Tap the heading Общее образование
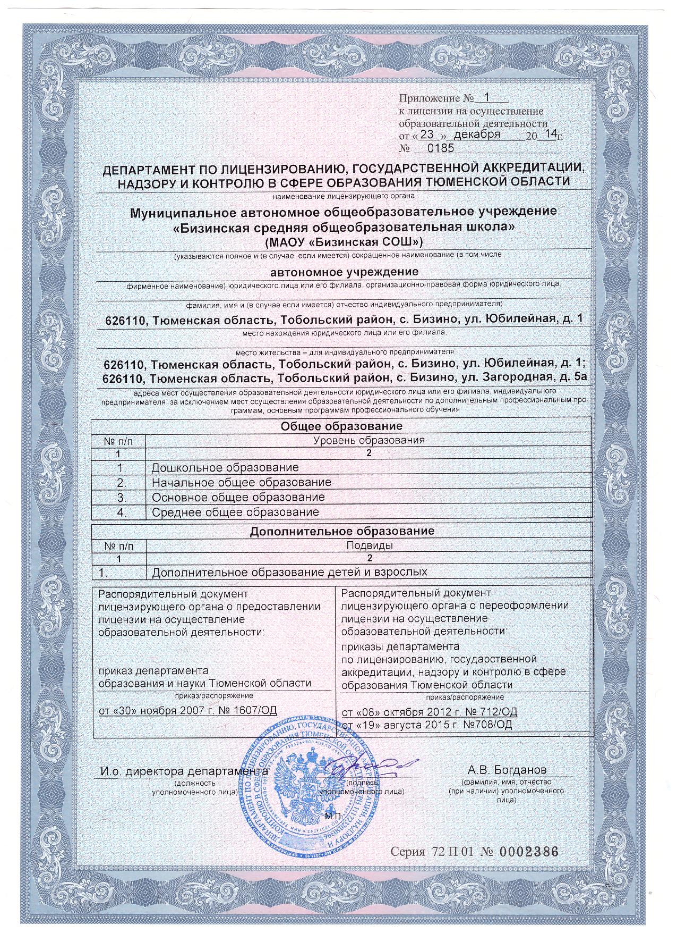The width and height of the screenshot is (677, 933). coord(341,426)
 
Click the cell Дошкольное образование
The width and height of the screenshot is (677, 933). coord(225,468)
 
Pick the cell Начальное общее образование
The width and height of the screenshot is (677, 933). coord(242,483)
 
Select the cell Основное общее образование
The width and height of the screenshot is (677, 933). coord(238,498)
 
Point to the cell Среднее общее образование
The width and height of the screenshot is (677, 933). coord(235,512)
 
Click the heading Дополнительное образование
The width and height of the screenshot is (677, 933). coord(342,531)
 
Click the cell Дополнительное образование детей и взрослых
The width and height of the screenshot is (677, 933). coord(289,573)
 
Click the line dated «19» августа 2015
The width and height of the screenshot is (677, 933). coord(426,725)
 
